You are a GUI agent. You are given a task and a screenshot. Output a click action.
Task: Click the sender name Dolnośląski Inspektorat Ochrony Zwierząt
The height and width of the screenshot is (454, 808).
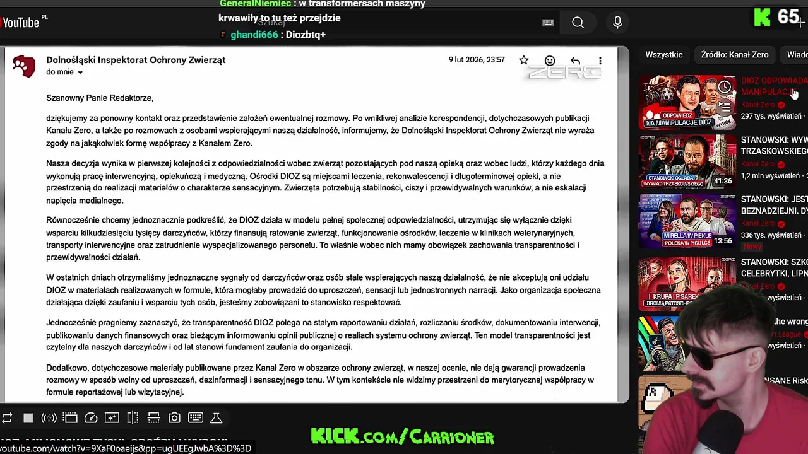136,60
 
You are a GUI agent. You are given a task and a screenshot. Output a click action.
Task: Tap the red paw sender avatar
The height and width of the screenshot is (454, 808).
24,66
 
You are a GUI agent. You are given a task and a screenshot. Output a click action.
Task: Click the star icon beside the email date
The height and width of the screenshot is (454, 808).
523,61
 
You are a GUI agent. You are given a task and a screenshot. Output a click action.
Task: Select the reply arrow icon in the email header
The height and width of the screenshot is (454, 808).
575,61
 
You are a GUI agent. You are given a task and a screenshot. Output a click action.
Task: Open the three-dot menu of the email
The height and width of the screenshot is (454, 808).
600,61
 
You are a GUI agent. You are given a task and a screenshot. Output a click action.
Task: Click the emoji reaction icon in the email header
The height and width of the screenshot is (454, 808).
550,61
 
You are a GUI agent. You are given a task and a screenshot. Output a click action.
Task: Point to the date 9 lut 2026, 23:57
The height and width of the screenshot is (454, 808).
477,60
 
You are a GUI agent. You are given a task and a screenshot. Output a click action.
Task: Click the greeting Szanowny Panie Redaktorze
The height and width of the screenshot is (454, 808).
100,98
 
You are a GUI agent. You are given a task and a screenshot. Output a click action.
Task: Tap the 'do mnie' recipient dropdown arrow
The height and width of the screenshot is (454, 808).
80,73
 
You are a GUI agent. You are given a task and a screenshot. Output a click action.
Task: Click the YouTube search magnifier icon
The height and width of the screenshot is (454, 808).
578,23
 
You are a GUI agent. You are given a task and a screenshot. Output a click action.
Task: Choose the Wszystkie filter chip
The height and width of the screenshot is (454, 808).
663,55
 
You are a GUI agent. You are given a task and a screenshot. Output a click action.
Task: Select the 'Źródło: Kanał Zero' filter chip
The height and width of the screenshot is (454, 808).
734,55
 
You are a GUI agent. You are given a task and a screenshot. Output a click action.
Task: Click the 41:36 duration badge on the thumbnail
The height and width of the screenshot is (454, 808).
723,181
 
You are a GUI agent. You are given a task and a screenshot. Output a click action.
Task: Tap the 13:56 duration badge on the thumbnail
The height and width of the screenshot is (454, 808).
723,241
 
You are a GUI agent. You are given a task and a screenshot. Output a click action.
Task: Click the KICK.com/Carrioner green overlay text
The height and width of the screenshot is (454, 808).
402,436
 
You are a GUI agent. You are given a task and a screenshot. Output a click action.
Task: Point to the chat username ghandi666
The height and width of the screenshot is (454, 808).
254,35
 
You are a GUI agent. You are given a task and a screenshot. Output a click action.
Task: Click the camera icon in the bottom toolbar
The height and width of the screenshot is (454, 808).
174,418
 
